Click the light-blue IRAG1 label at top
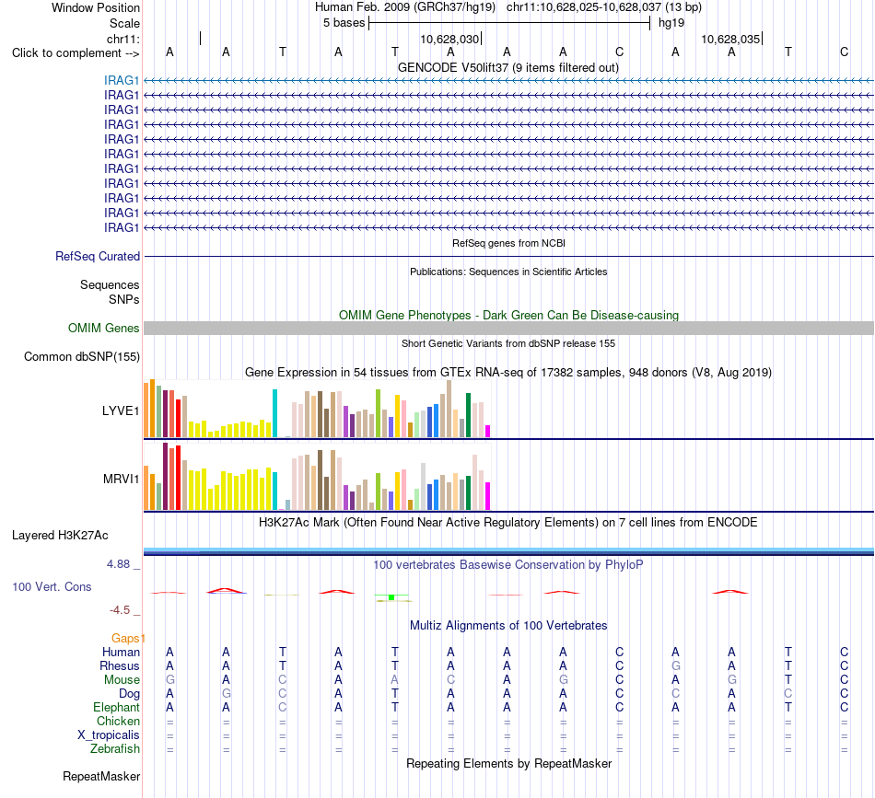pyautogui.click(x=121, y=80)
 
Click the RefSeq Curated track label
pyautogui.click(x=98, y=257)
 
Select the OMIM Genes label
pyautogui.click(x=104, y=328)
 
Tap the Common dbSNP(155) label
pyautogui.click(x=82, y=357)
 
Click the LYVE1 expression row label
pyautogui.click(x=121, y=411)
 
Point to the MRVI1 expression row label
pyautogui.click(x=121, y=479)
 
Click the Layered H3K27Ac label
pyautogui.click(x=60, y=536)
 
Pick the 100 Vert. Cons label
pyautogui.click(x=52, y=586)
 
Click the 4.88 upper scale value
pyautogui.click(x=118, y=564)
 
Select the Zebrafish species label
pyautogui.click(x=115, y=749)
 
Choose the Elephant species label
pyautogui.click(x=117, y=708)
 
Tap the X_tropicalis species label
pyautogui.click(x=109, y=735)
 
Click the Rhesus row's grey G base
pyautogui.click(x=675, y=665)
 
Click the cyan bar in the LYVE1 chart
pyautogui.click(x=274, y=413)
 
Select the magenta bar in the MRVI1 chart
pyautogui.click(x=488, y=496)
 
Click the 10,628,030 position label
pyautogui.click(x=449, y=39)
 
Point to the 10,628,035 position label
pyautogui.click(x=730, y=39)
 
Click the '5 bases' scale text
pyautogui.click(x=344, y=23)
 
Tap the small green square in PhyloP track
pyautogui.click(x=391, y=597)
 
